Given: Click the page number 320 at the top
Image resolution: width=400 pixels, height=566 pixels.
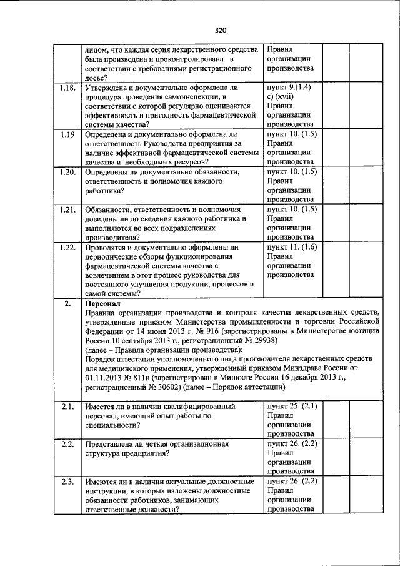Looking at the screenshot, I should [x=219, y=29].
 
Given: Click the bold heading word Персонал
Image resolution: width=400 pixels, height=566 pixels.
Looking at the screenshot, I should [x=100, y=303].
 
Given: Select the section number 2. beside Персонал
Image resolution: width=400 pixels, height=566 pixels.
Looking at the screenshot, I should [x=67, y=303].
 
